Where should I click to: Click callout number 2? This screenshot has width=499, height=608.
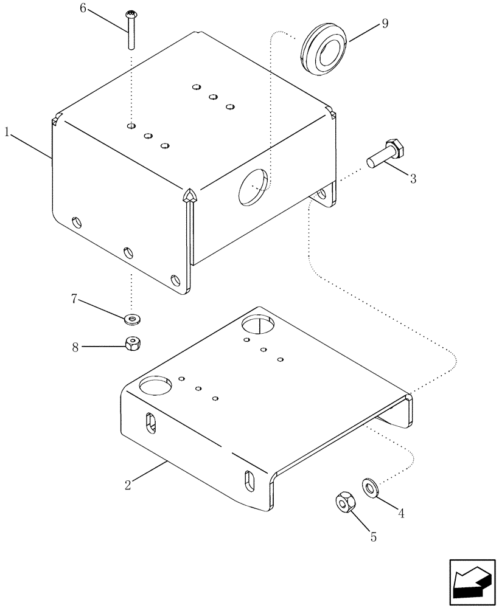pyautogui.click(x=128, y=485)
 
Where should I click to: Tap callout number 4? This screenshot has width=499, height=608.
pyautogui.click(x=401, y=513)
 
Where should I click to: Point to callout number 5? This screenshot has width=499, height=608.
pyautogui.click(x=373, y=537)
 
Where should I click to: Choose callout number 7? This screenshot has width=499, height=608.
pyautogui.click(x=74, y=299)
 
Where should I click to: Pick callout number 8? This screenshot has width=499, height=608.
pyautogui.click(x=75, y=347)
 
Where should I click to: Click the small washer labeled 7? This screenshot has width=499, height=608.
pyautogui.click(x=131, y=318)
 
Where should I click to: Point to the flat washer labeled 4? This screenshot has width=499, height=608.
pyautogui.click(x=370, y=486)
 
